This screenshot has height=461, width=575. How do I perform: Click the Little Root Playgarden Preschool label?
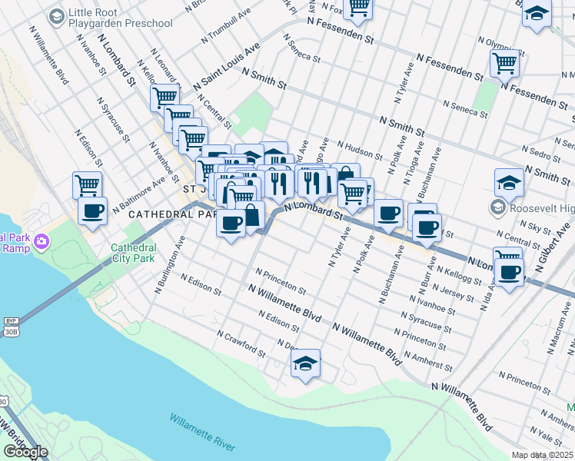point(120,18)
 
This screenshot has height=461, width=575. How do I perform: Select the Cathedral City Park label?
point(134,254)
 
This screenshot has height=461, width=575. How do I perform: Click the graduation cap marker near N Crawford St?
point(305,363)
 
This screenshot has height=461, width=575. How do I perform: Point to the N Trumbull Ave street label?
point(225,26)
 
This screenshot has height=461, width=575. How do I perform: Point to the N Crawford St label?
point(241,345)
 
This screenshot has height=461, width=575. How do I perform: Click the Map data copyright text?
point(543,455)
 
